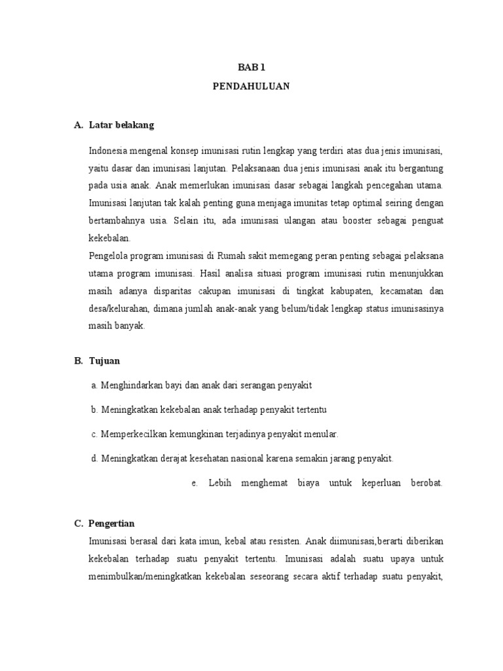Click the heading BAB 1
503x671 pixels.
click(251, 67)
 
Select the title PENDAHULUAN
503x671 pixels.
click(251, 86)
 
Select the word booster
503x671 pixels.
click(354, 221)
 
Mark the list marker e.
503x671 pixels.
click(195, 483)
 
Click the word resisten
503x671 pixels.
click(282, 541)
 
